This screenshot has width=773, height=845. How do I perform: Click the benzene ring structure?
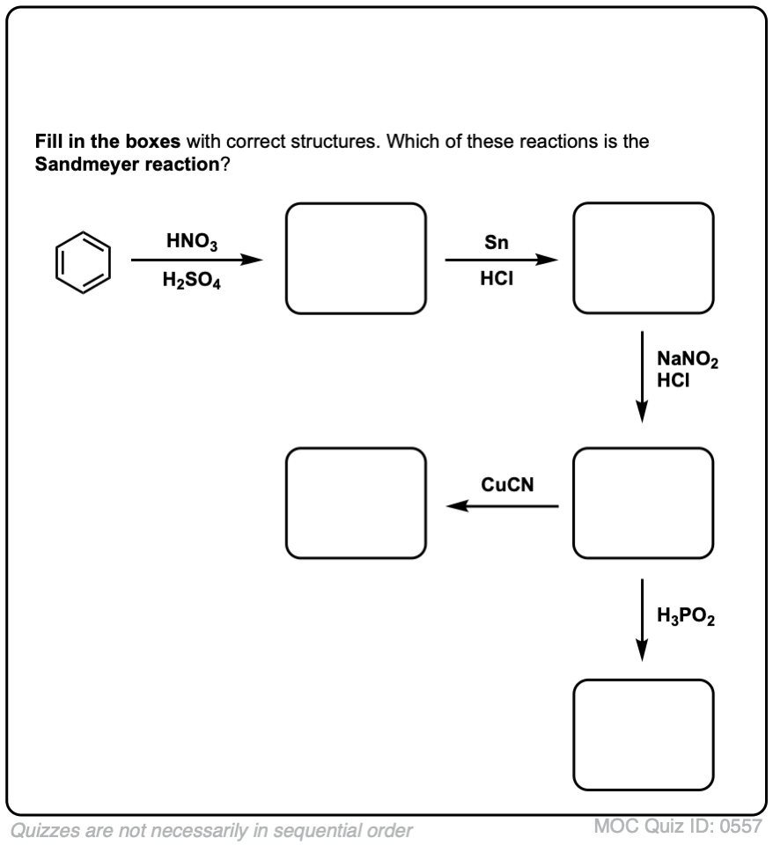pos(84,261)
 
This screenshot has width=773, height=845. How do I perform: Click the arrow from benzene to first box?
pos(196,261)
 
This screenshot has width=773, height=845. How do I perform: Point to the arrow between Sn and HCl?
pos(501,261)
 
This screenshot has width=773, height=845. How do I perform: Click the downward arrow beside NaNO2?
pos(643,377)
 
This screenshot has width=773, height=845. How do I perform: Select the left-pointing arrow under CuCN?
pos(502,506)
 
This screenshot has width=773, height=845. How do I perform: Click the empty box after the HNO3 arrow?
pos(357,258)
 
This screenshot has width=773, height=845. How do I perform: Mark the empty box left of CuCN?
pos(357,503)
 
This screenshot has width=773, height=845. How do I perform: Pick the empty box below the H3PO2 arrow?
pos(643,736)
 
